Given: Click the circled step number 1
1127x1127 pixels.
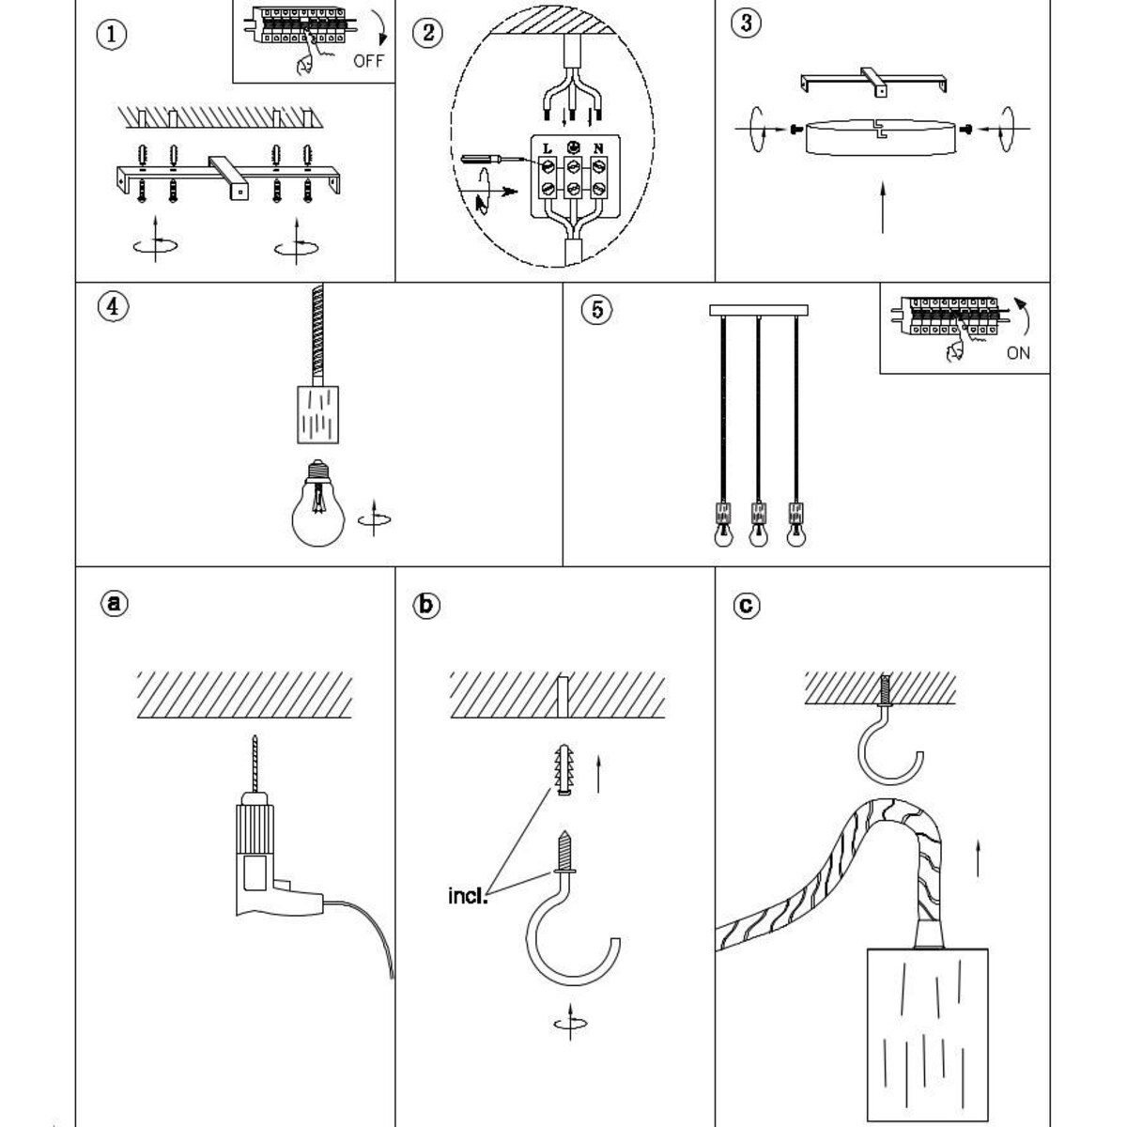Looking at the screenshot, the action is click(111, 35).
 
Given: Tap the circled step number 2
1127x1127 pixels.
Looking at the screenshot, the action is click(427, 32).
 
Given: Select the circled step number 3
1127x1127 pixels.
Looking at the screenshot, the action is click(747, 23).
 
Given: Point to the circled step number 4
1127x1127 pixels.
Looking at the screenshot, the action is click(113, 306).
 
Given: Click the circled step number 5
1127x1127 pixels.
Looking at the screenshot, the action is click(596, 309).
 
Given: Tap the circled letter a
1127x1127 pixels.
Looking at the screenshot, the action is click(114, 603).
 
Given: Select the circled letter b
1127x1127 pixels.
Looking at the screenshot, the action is click(425, 605).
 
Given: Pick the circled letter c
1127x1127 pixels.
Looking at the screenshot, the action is click(747, 605).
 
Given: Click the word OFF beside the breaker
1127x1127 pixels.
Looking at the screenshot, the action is click(368, 61).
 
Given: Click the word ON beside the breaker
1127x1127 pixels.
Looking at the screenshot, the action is click(1018, 353).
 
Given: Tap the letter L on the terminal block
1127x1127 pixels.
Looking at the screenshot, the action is click(548, 148).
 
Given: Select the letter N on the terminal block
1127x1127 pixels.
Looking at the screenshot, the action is click(597, 148).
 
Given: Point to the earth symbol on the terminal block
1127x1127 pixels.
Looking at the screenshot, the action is click(573, 147).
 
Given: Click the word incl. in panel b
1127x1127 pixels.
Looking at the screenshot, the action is click(468, 896).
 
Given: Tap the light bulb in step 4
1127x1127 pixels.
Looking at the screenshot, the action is click(317, 503).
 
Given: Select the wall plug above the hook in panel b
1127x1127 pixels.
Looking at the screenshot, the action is click(564, 769).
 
